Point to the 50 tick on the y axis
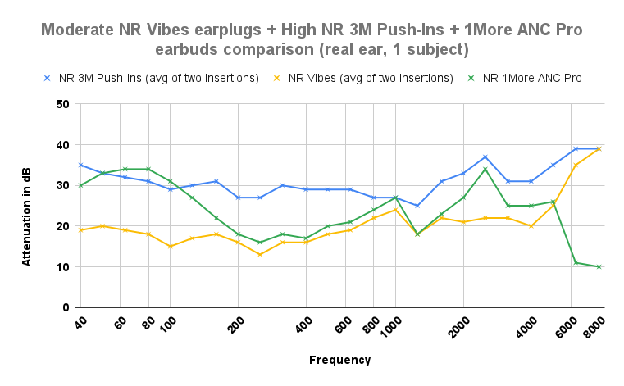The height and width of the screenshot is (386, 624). point(63,104)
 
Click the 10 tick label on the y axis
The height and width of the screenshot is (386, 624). point(63,267)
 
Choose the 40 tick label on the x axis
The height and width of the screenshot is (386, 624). point(80,322)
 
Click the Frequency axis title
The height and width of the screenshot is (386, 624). point(339,360)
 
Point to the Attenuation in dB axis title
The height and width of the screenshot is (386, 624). point(27,206)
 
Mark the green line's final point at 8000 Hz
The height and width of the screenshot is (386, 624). point(599,266)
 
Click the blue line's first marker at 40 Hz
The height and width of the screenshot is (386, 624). point(80,165)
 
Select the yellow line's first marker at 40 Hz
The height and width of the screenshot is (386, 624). point(80,230)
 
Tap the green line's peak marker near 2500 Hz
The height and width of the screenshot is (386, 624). point(485,169)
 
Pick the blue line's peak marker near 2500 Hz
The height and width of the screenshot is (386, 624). point(485,157)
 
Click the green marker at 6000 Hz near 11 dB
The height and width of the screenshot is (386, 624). point(576,262)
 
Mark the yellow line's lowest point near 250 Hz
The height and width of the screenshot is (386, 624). point(260,254)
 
